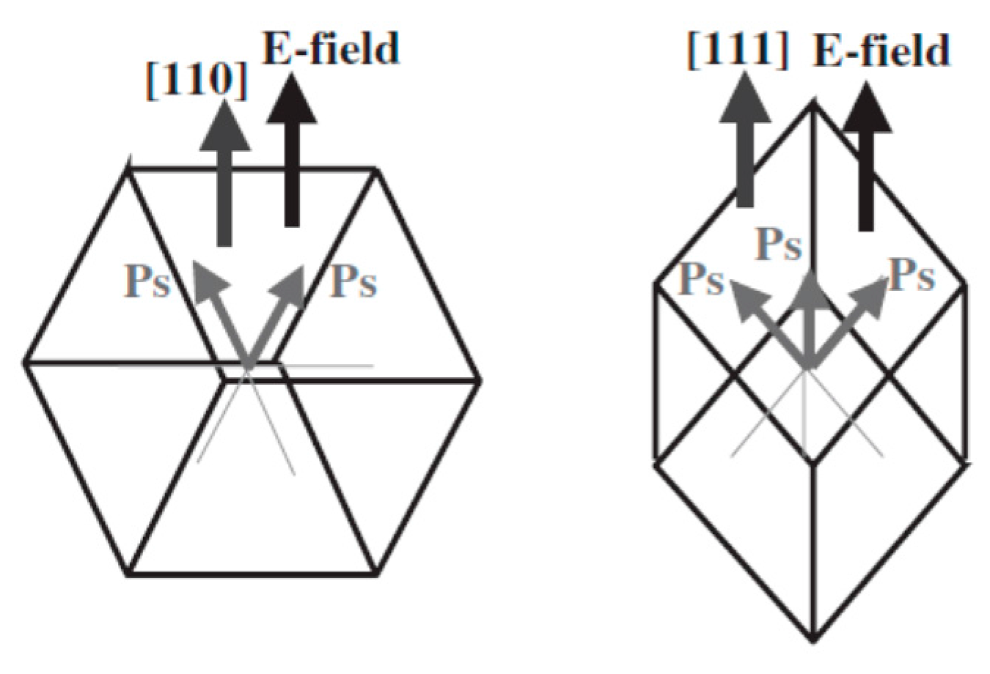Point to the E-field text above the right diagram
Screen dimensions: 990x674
(x=881, y=51)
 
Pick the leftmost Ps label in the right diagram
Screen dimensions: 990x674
(x=701, y=279)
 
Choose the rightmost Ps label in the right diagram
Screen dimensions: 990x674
(x=912, y=275)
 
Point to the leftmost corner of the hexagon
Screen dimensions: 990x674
(x=26, y=362)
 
